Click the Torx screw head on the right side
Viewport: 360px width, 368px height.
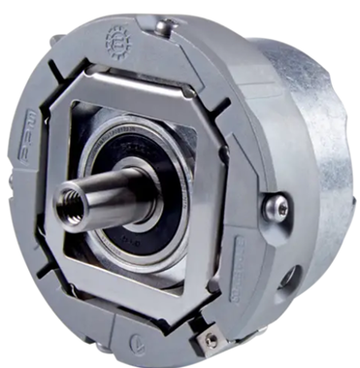[x=280, y=206]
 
